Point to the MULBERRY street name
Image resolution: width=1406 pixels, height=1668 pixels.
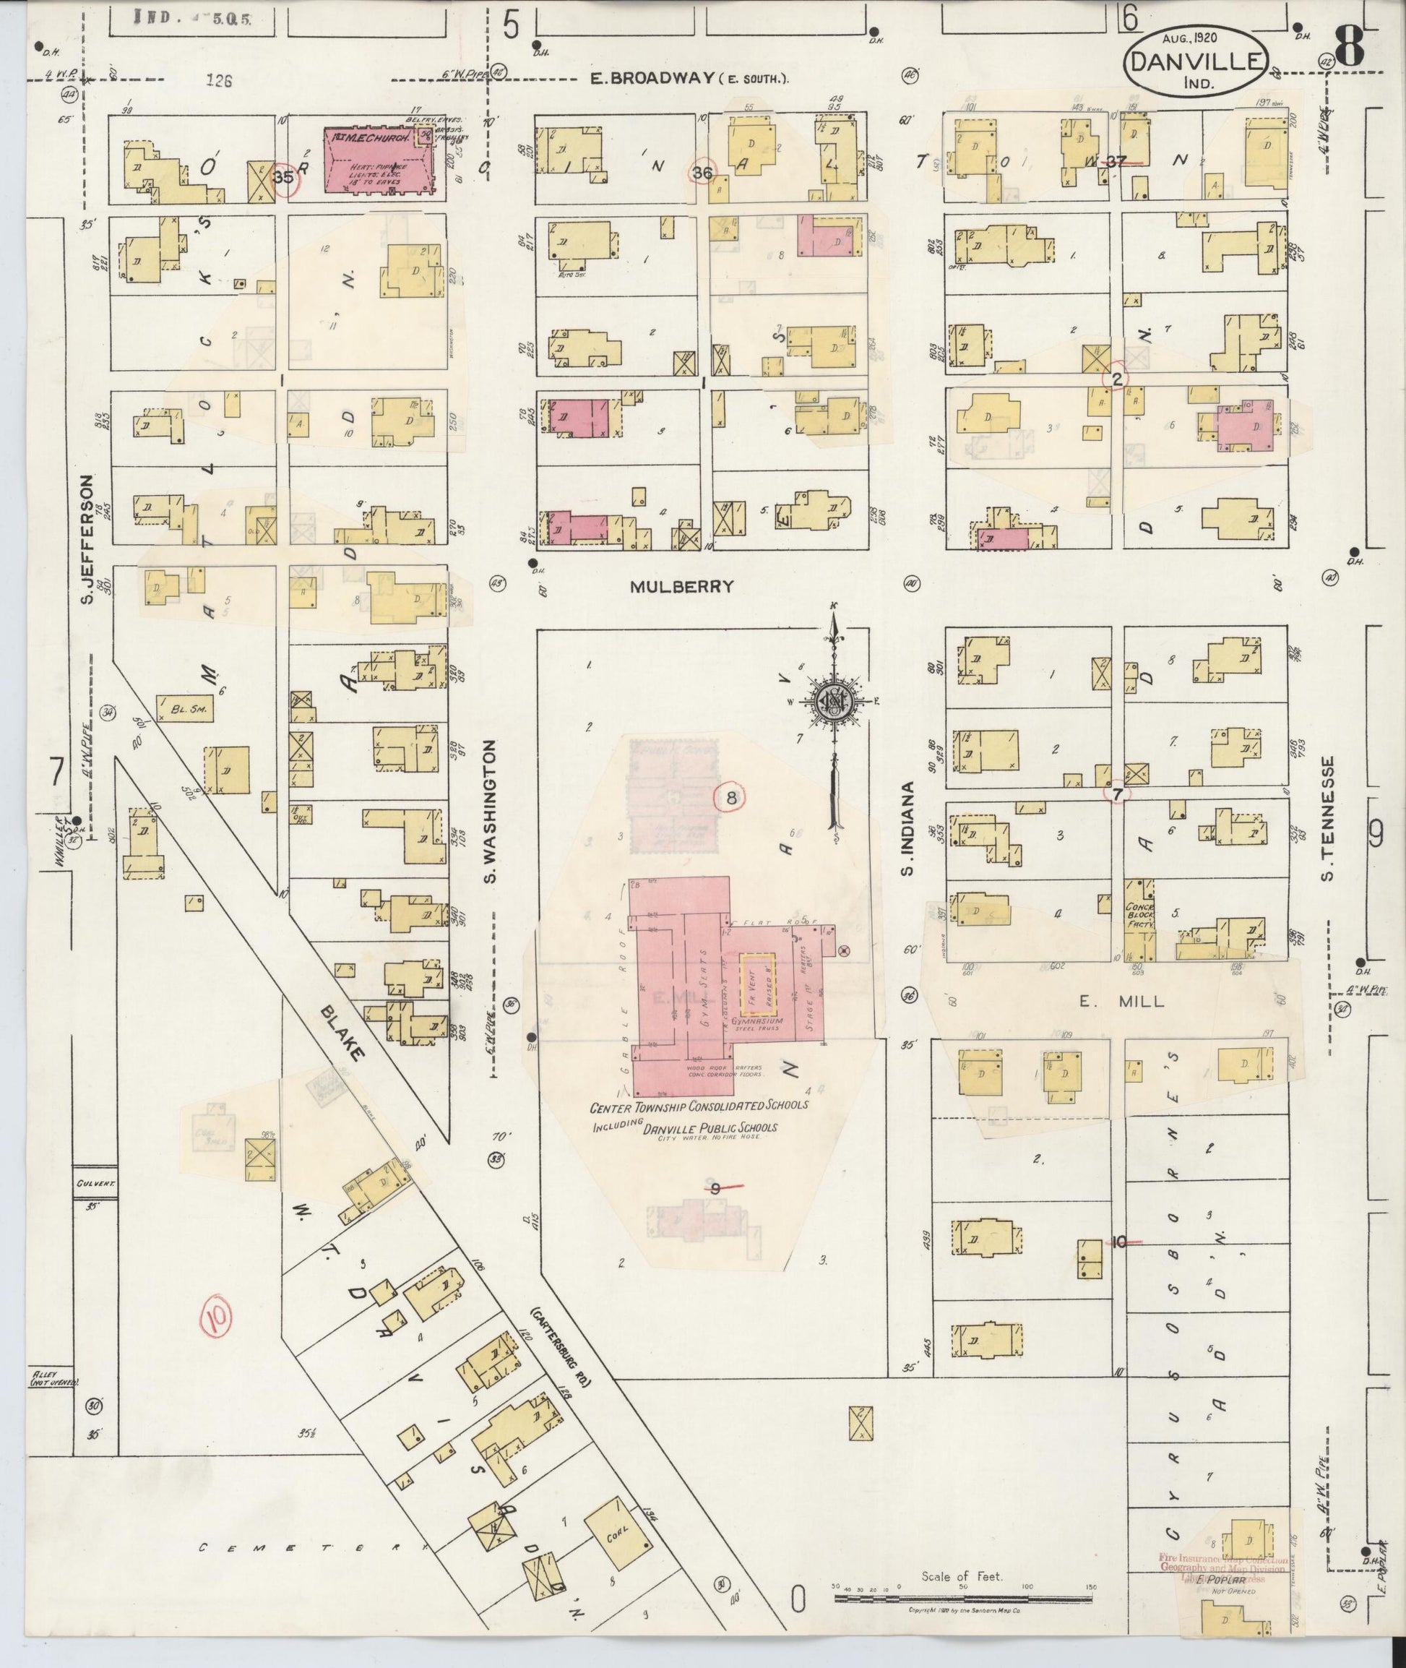tap(681, 586)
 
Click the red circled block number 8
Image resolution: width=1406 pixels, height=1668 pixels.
tap(730, 796)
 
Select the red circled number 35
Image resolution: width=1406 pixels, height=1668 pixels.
tap(285, 178)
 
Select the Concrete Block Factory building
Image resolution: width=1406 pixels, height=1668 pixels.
tap(1139, 921)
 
